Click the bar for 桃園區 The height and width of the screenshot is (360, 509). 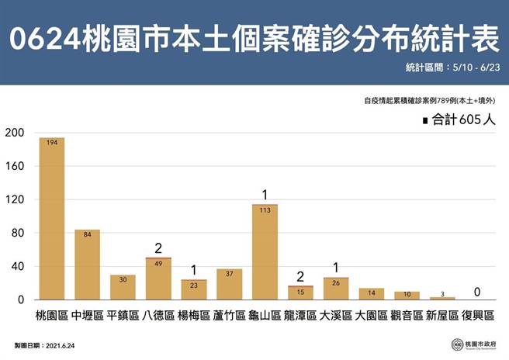tap(52, 219)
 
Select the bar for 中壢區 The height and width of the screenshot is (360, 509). tap(88, 265)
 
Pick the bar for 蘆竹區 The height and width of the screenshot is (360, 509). tap(230, 284)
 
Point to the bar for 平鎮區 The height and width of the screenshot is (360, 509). tap(123, 287)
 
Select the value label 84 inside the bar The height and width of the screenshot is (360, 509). tap(88, 234)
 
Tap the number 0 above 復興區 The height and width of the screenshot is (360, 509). tap(477, 292)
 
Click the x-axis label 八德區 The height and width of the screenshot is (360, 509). tap(158, 317)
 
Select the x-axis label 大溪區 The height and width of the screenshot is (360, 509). tap(336, 317)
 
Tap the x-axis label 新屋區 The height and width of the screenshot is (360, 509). tap(442, 317)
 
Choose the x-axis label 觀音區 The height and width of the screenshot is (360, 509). tap(407, 317)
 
